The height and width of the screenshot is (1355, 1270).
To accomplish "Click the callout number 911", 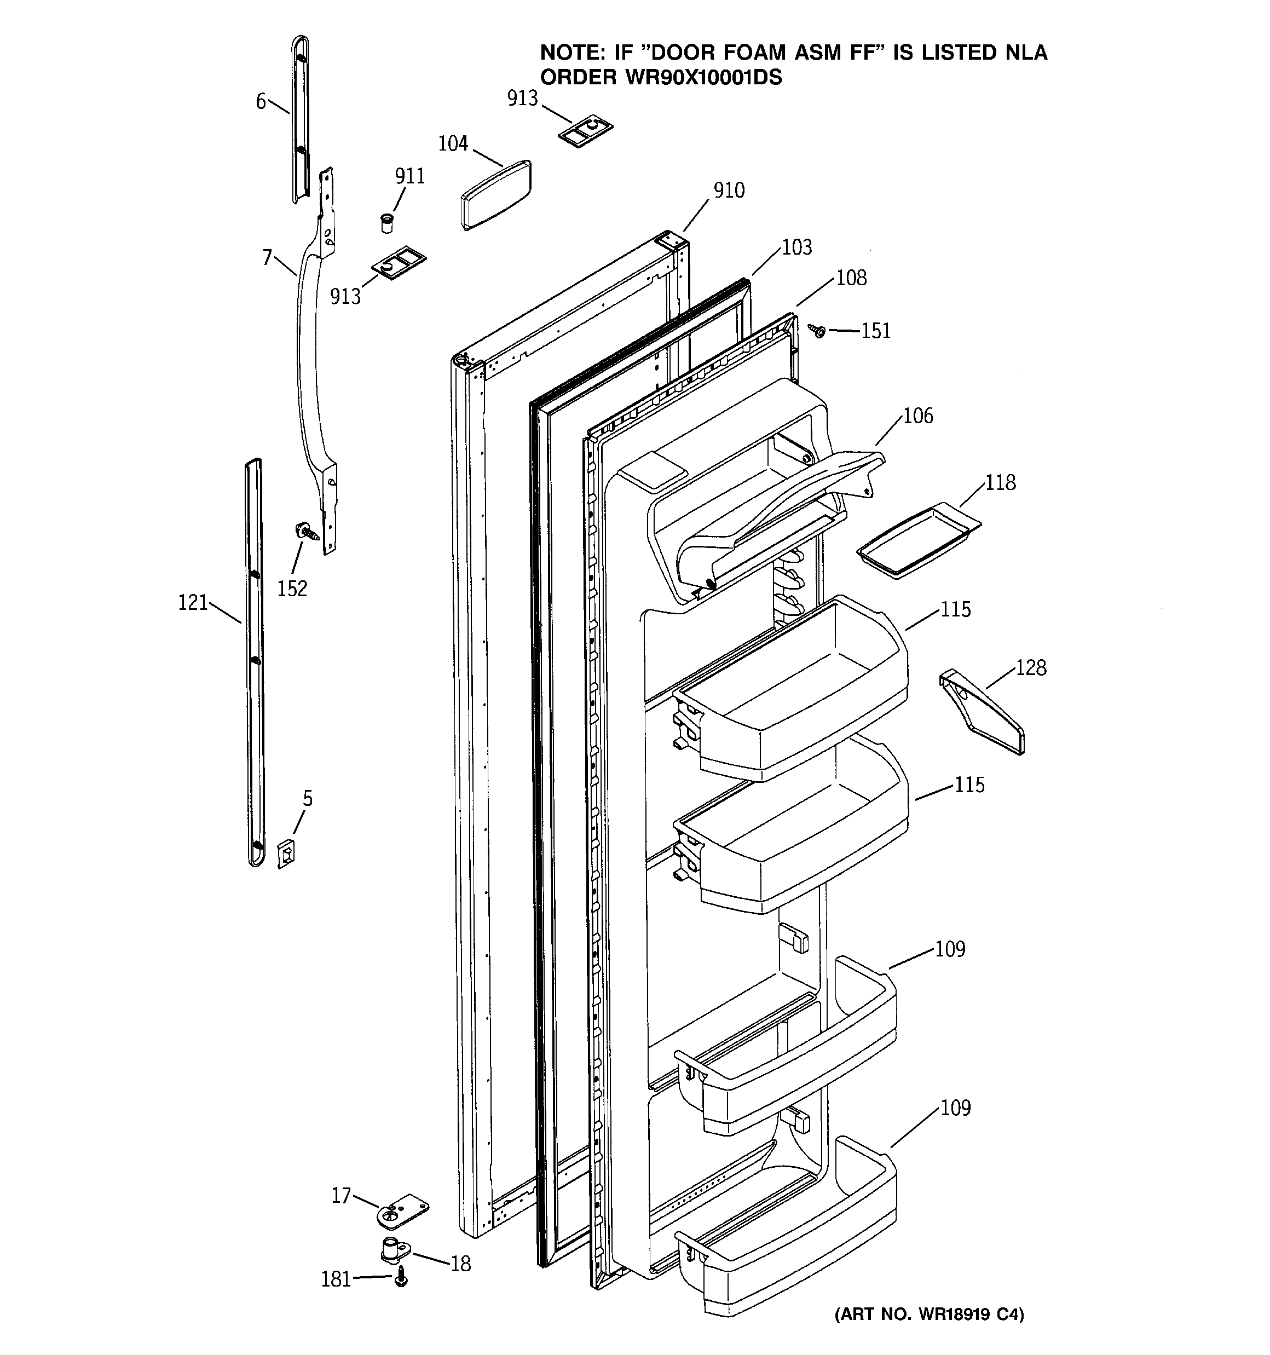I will pyautogui.click(x=409, y=176).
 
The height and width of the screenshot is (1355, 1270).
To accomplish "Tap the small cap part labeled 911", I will pyautogui.click(x=386, y=222).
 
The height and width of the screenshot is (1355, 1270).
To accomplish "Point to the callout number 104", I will pyautogui.click(x=453, y=144).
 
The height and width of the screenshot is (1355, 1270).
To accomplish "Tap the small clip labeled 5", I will pyautogui.click(x=286, y=854).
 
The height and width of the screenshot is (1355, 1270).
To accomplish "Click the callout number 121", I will pyautogui.click(x=193, y=603).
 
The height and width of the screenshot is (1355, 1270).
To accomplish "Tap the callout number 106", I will pyautogui.click(x=917, y=416).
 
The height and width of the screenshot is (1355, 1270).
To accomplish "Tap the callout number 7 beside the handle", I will pyautogui.click(x=267, y=258).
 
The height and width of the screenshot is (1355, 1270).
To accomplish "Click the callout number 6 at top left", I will pyautogui.click(x=261, y=102).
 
